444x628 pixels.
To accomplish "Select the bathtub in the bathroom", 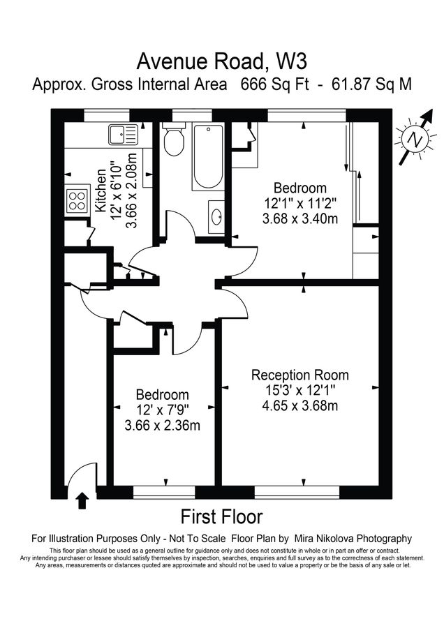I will pyautogui.click(x=207, y=157).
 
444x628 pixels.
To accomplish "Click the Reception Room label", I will pyautogui.click(x=300, y=375).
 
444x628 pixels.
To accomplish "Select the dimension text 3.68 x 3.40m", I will pyautogui.click(x=300, y=218).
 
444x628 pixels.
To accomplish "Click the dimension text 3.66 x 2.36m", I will pyautogui.click(x=162, y=425).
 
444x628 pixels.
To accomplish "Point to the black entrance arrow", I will pyautogui.click(x=82, y=500).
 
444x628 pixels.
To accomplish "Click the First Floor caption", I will pyautogui.click(x=222, y=517).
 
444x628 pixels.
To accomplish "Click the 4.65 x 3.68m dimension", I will pyautogui.click(x=300, y=405).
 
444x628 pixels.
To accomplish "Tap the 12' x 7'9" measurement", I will pyautogui.click(x=162, y=410).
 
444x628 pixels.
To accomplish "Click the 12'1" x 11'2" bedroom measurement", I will pyautogui.click(x=300, y=203).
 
